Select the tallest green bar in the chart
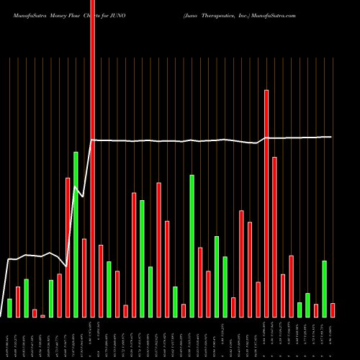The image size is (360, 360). (x=76, y=234)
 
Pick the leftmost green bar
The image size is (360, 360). (x=9, y=307)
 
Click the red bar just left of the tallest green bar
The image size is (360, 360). (x=68, y=247)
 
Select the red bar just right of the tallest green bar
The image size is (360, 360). (x=84, y=277)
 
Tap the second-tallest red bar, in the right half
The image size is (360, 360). (x=266, y=203)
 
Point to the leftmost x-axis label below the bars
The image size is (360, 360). (x=9, y=337)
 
